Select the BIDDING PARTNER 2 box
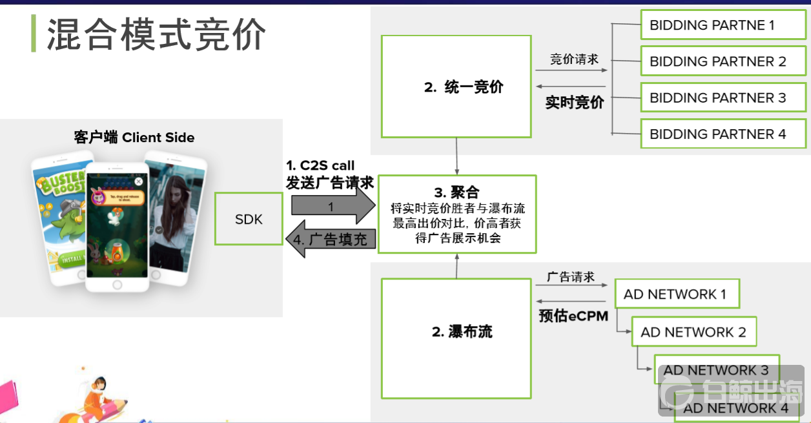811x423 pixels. click(723, 61)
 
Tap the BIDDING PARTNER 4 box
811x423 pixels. click(723, 134)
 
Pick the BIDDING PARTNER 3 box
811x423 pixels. click(723, 98)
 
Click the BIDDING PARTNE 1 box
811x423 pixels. click(723, 25)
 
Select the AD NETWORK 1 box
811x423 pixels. click(675, 294)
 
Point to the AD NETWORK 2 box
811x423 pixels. click(693, 332)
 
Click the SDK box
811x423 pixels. click(249, 219)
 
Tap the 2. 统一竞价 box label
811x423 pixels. click(463, 87)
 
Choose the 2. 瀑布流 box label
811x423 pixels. click(462, 332)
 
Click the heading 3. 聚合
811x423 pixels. click(457, 192)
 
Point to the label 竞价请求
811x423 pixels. click(574, 59)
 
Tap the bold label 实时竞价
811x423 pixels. click(575, 102)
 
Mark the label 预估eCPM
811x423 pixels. click(573, 316)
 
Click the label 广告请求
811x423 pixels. click(571, 277)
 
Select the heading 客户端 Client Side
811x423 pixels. click(134, 138)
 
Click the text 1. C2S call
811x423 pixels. click(320, 166)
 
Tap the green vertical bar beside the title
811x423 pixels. click(34, 34)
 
